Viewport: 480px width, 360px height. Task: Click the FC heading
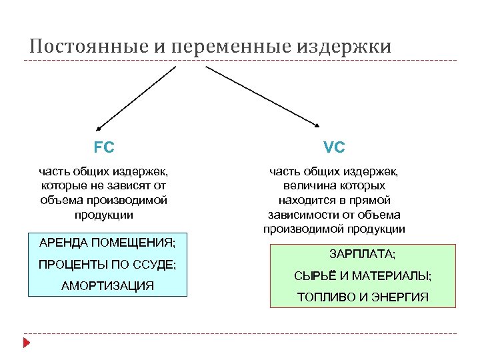[104, 146]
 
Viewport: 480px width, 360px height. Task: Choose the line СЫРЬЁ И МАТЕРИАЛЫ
[363, 275]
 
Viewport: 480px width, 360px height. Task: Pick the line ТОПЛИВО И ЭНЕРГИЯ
[363, 297]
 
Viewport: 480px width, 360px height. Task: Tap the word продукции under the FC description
[104, 215]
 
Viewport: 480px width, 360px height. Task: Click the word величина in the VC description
[304, 185]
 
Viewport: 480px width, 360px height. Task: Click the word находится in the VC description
[308, 200]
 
